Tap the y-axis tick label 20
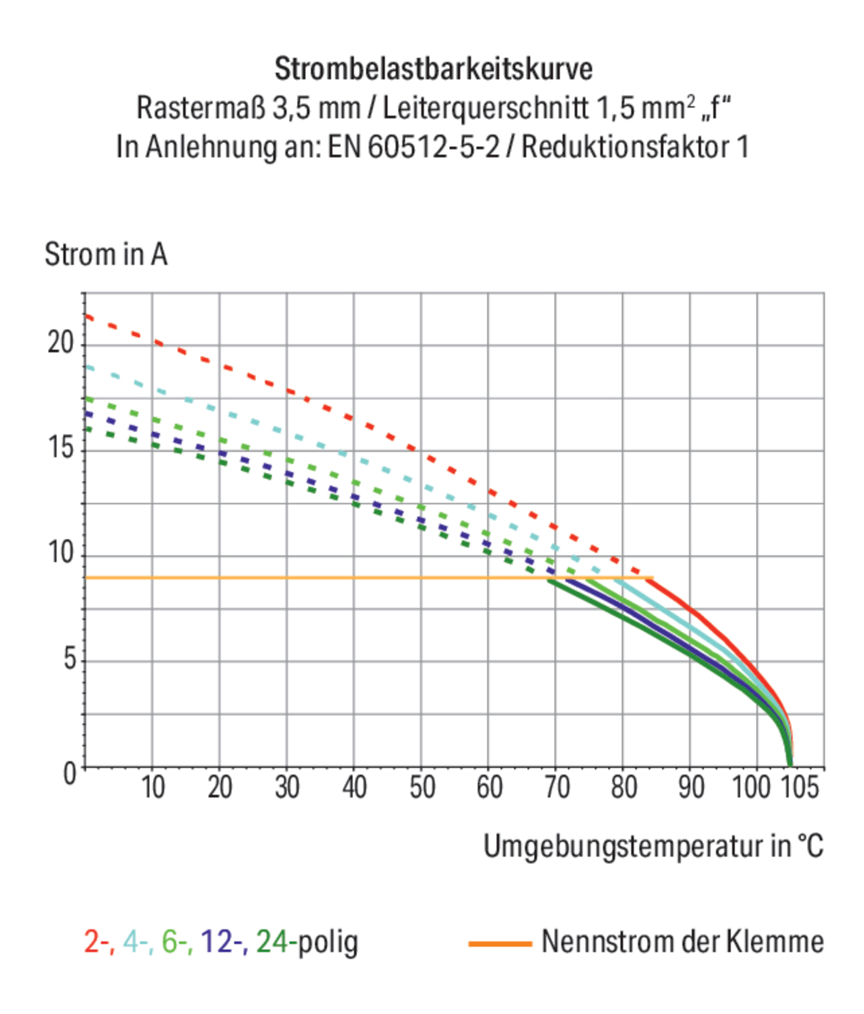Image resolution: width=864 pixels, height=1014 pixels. (60, 342)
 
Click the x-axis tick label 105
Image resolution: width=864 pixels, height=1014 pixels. (798, 788)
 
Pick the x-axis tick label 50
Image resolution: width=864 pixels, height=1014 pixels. (421, 788)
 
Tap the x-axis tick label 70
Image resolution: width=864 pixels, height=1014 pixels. (557, 788)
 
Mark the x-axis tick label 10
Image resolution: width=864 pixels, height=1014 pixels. (153, 788)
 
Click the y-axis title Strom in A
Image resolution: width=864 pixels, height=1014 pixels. (106, 254)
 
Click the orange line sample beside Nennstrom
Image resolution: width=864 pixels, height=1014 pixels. (500, 943)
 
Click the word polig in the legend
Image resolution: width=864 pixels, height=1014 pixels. (328, 942)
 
